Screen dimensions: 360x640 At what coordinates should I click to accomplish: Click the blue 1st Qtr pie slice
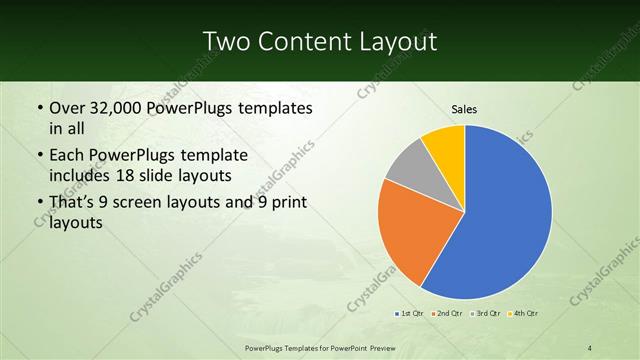505,220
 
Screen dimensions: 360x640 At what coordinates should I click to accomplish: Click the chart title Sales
464,108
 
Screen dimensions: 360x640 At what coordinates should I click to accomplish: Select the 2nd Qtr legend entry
447,314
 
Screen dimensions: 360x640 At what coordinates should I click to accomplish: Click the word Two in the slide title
227,41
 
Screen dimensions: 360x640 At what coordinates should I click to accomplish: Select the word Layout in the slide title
397,41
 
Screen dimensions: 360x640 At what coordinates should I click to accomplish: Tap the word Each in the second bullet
69,157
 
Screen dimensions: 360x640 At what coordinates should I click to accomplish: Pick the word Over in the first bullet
70,108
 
